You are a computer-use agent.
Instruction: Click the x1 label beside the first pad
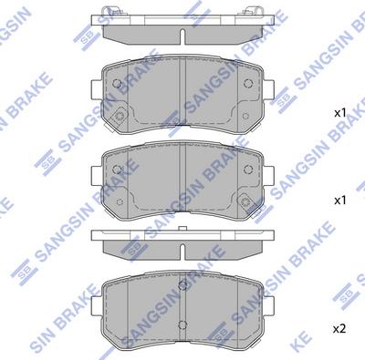340,114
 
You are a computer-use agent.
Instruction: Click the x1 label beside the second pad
340,201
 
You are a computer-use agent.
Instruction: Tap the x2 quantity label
339,329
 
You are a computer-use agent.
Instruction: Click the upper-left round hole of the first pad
117,83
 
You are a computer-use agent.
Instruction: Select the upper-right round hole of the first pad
248,83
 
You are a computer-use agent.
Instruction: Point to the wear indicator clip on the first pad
120,116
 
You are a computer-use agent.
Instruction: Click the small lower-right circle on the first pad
245,116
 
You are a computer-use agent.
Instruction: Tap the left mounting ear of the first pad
97,89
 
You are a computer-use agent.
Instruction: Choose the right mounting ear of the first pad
269,89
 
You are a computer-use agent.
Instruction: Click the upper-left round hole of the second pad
117,169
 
